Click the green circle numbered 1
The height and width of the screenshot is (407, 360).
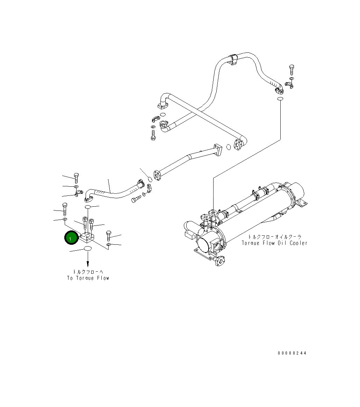tap(70, 238)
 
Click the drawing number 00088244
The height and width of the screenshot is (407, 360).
tap(292, 353)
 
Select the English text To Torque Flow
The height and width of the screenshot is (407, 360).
tap(88, 278)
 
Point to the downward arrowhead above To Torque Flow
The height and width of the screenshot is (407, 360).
tap(88, 265)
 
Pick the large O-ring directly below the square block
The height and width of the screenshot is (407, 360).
tap(87, 249)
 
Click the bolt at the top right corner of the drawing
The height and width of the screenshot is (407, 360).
tap(292, 69)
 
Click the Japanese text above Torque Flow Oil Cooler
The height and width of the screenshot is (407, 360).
tap(274, 237)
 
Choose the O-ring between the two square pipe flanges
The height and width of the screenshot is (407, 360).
tap(228, 147)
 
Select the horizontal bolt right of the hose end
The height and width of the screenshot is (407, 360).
tap(136, 200)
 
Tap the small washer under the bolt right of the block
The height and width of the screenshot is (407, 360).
tap(109, 244)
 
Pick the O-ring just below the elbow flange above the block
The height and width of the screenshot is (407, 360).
tap(87, 207)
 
